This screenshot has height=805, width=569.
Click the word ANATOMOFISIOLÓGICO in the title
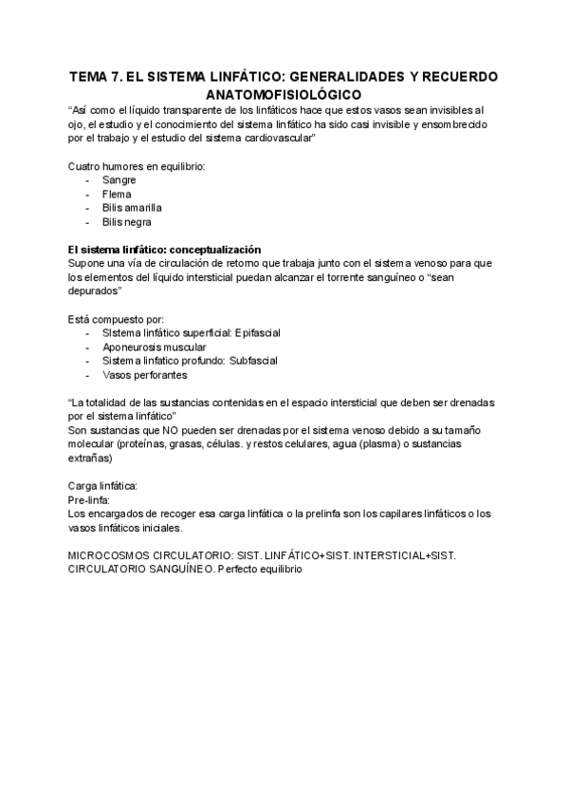pyautogui.click(x=284, y=95)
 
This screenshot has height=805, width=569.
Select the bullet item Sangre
pyautogui.click(x=119, y=179)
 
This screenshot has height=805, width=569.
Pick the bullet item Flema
pyautogui.click(x=117, y=194)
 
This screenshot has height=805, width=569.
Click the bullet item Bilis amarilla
pyautogui.click(x=132, y=208)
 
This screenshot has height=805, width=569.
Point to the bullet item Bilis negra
pyautogui.click(x=126, y=222)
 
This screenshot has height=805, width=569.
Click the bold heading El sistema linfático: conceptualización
pyautogui.click(x=164, y=249)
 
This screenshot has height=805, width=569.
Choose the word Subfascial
pyautogui.click(x=253, y=361)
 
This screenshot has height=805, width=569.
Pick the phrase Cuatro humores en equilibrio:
pyautogui.click(x=137, y=166)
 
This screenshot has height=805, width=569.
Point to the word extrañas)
pyautogui.click(x=90, y=459)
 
